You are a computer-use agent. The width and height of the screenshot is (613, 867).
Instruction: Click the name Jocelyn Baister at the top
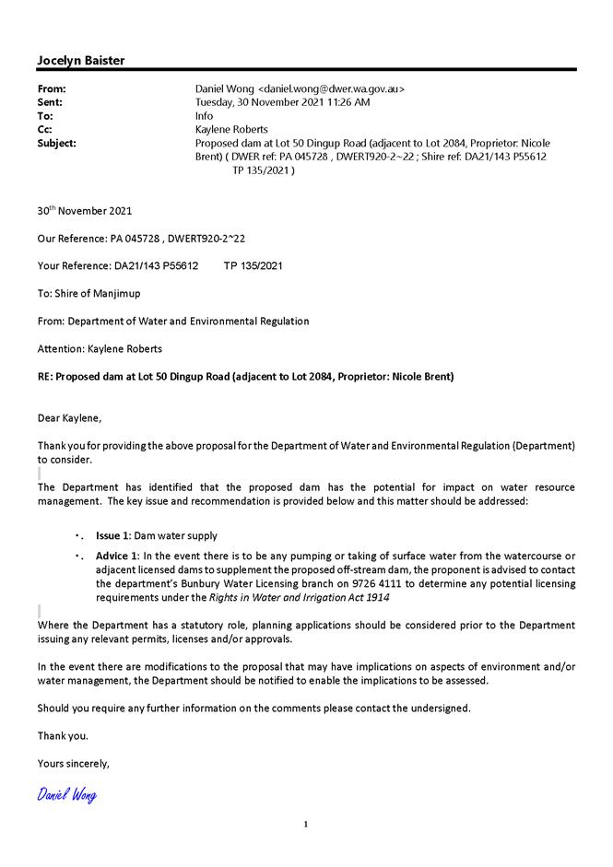tap(81, 61)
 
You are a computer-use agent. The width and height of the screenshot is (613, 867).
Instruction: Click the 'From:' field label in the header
tap(52, 89)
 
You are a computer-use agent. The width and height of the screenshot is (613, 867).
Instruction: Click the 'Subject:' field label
tap(57, 144)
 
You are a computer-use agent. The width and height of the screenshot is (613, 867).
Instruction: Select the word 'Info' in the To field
tap(205, 116)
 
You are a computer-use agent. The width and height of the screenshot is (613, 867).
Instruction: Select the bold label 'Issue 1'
tap(112, 535)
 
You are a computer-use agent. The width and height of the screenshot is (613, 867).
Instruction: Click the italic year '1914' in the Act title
tap(377, 597)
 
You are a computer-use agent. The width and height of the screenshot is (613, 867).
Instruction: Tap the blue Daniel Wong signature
tap(67, 794)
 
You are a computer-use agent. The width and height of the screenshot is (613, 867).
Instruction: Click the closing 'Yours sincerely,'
tap(74, 763)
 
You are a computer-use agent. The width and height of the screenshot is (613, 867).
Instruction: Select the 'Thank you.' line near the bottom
tap(63, 735)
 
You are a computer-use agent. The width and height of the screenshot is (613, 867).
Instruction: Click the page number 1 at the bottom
tap(306, 824)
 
